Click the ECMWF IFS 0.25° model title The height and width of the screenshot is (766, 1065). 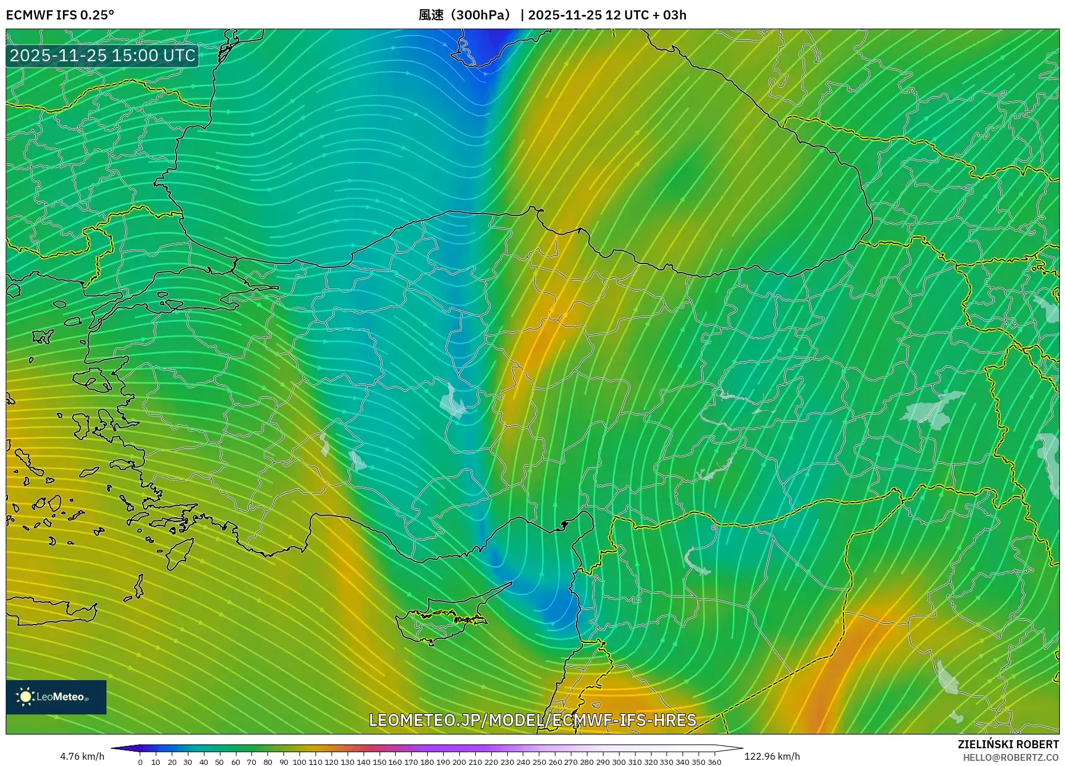[x=60, y=15]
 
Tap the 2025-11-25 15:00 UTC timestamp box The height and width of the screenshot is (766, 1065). [x=102, y=56]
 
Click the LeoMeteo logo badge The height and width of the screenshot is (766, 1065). [x=56, y=697]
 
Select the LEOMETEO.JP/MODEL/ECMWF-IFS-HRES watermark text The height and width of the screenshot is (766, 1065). [x=532, y=720]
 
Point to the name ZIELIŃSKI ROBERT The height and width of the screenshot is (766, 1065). [x=1008, y=744]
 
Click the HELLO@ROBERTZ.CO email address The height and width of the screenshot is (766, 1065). [x=1011, y=757]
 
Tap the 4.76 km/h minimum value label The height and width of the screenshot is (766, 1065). [x=82, y=756]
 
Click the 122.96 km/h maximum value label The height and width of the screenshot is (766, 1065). [x=772, y=756]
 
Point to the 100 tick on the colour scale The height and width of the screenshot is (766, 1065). [x=299, y=762]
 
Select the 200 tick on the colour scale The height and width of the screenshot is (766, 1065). [x=459, y=762]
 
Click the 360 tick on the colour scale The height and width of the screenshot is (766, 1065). [x=714, y=762]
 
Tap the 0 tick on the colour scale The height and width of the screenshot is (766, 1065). [x=140, y=762]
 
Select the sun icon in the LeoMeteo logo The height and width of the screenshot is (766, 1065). [x=25, y=697]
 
